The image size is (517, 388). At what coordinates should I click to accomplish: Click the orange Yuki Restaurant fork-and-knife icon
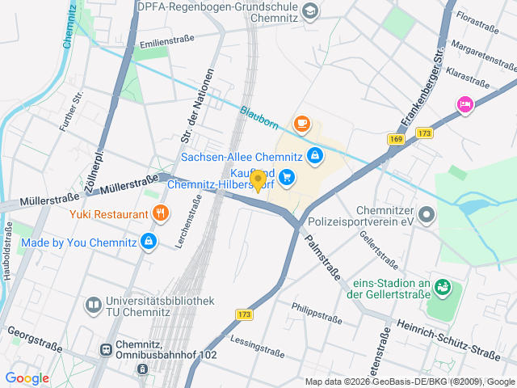click(162, 214)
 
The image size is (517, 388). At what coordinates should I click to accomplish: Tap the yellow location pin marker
click(258, 181)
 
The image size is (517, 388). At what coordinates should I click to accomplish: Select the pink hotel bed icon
click(464, 103)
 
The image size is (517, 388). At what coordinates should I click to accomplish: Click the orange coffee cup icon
click(302, 124)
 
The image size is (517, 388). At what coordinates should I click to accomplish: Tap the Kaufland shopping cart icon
click(288, 177)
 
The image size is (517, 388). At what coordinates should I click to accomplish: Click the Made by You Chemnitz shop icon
click(148, 241)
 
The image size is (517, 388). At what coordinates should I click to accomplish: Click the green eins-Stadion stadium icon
click(442, 286)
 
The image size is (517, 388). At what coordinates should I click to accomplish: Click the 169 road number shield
click(396, 139)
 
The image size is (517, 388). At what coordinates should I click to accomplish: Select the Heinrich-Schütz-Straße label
click(448, 336)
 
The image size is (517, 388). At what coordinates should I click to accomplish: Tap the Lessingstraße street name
click(257, 346)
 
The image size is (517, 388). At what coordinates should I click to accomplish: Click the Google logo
click(27, 378)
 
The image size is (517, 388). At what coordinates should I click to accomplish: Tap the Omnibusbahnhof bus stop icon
click(106, 349)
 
